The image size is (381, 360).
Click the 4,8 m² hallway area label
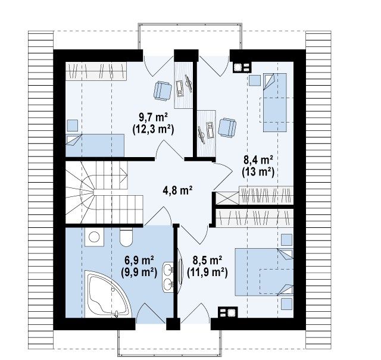point(177,190)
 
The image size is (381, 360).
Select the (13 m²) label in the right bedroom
point(258,172)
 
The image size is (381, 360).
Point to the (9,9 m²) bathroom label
point(139,273)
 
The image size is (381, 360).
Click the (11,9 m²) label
point(207,273)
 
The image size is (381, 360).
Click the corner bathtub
point(108,295)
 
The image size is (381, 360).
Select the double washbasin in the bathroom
point(168,277)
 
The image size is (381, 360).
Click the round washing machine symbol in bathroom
point(94,237)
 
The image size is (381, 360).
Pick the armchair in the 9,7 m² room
point(163,90)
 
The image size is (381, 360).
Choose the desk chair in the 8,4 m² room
point(227,127)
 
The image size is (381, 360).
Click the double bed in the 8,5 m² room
point(264,272)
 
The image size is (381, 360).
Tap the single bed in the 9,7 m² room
point(95,145)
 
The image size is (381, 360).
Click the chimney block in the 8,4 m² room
point(242,67)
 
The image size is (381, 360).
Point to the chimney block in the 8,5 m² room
point(227,312)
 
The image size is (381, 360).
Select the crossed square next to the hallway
point(227,198)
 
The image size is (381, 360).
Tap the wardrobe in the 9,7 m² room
point(96,71)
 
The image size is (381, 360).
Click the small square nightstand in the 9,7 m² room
point(73,126)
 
